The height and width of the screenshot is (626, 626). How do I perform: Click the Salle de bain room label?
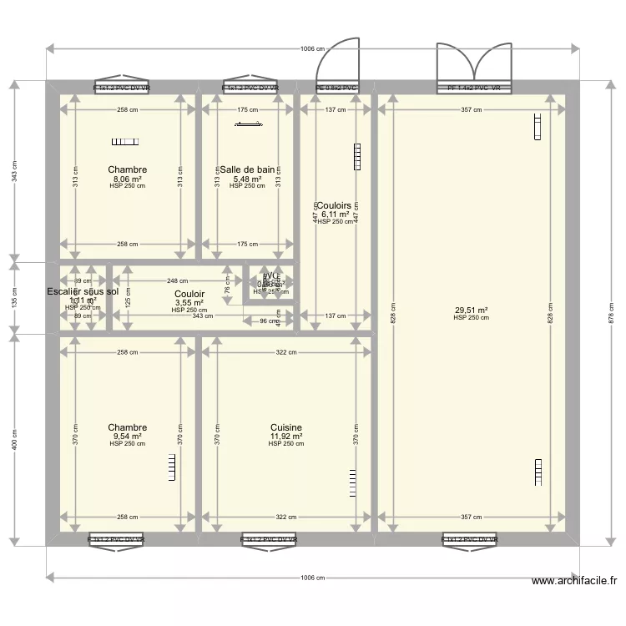click(247, 169)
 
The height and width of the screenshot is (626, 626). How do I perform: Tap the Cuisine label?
click(286, 427)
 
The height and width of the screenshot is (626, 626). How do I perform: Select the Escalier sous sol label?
click(83, 291)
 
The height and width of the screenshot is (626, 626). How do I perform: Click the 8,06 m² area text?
click(127, 179)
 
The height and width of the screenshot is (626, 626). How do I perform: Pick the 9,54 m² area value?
click(127, 436)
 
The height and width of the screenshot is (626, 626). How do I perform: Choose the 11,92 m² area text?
click(286, 436)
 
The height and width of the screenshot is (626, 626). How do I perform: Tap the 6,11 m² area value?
click(335, 214)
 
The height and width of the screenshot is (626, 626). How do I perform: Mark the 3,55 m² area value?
click(189, 302)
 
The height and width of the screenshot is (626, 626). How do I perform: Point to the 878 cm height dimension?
click(610, 312)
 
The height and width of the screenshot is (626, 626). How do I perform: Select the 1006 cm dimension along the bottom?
click(312, 578)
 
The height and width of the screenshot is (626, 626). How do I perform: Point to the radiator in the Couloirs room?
click(358, 155)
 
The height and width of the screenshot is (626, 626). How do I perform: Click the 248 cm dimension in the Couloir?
click(176, 281)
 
